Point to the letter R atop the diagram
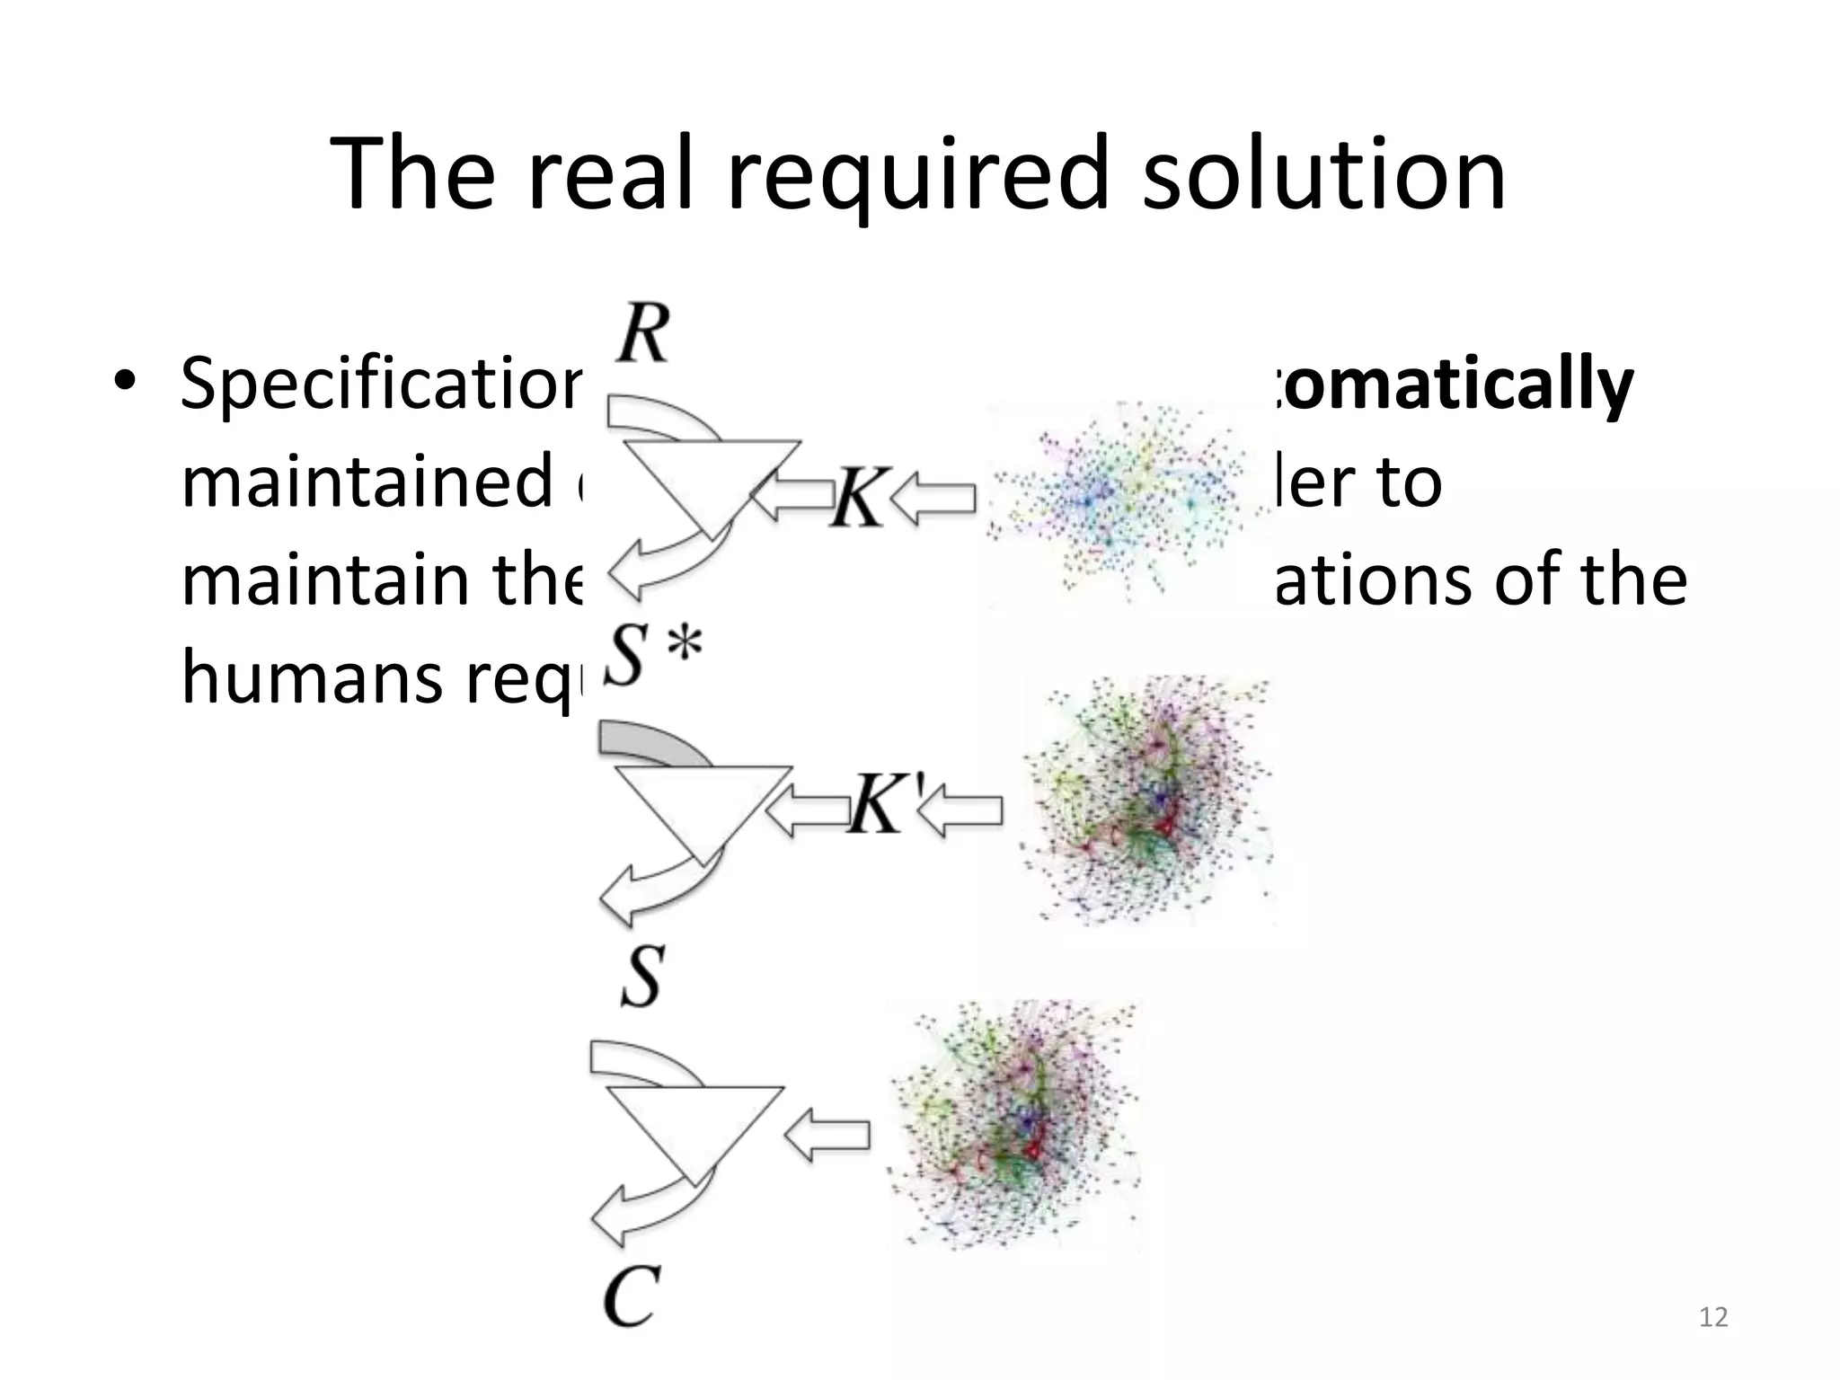click(x=643, y=332)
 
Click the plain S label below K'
click(x=641, y=976)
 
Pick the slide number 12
click(x=1713, y=1317)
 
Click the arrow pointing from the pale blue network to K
click(x=934, y=499)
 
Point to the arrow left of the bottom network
click(x=827, y=1135)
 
